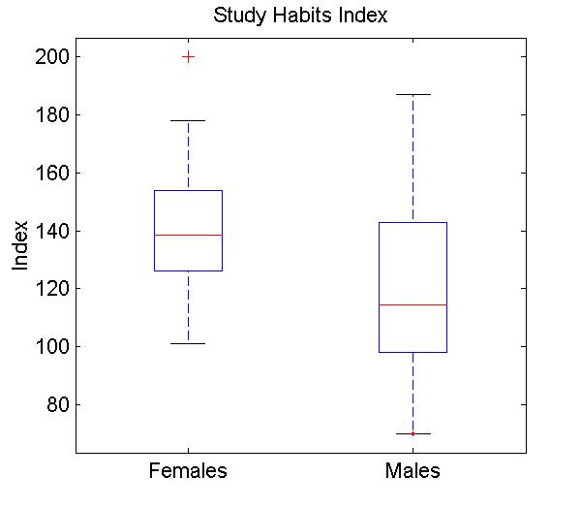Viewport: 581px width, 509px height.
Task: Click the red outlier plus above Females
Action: [188, 57]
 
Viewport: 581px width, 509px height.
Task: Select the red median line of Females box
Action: [188, 235]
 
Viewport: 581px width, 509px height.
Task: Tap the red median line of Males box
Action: [413, 304]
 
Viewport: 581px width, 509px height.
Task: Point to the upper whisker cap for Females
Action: [188, 120]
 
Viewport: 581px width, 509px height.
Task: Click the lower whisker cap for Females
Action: [188, 343]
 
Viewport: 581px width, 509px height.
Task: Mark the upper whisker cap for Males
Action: [413, 94]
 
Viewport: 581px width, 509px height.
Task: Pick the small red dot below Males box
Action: [413, 433]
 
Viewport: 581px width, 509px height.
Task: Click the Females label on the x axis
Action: [188, 472]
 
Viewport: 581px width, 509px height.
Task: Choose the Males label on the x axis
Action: [413, 472]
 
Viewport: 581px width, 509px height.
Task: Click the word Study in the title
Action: [238, 16]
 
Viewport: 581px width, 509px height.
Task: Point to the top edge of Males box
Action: [413, 223]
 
